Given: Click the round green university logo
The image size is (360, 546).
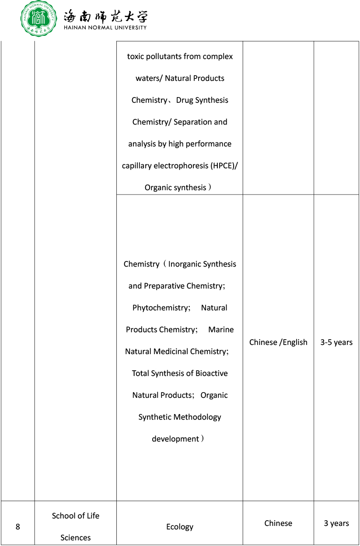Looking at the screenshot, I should [x=39, y=19].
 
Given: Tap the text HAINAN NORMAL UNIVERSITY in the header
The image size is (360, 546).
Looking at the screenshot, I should [x=105, y=27].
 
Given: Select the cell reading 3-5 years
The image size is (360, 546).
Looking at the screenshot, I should [x=336, y=342].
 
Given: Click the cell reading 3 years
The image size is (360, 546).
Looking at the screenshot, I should [x=336, y=523].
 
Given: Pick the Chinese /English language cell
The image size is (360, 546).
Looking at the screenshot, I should [x=278, y=342].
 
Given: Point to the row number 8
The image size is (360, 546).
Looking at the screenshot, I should [x=17, y=527].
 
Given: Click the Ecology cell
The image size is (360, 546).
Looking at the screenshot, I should [x=179, y=527].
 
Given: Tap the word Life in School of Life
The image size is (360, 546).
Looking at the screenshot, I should [x=93, y=516].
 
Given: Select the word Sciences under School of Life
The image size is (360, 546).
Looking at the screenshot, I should [x=76, y=538].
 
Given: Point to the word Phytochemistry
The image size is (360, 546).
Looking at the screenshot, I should [x=161, y=308].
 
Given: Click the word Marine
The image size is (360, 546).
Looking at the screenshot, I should [x=221, y=330].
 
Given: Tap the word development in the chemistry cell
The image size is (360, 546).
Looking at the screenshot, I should [x=175, y=439].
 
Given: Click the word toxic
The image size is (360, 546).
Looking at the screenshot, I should [x=135, y=56].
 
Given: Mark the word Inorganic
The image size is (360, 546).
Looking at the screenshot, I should [x=185, y=264].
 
